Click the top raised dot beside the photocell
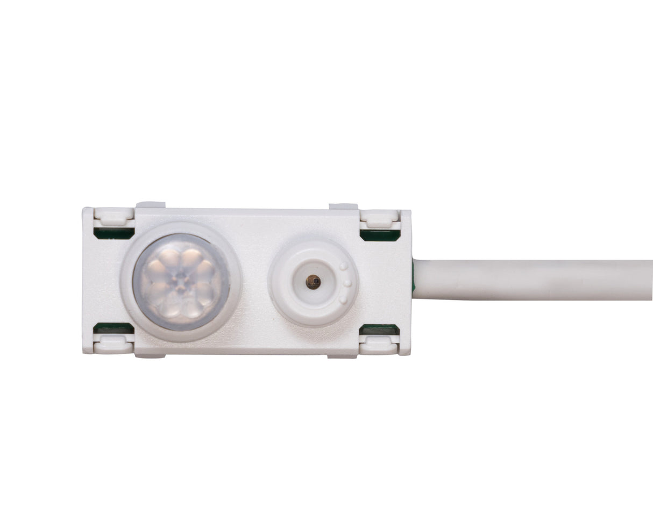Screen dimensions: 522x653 click(x=343, y=266)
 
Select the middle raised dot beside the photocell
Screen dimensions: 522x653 click(x=347, y=283)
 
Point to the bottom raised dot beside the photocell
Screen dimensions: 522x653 click(x=343, y=299)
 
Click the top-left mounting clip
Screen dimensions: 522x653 click(x=113, y=216)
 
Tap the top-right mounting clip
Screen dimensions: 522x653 click(x=379, y=218)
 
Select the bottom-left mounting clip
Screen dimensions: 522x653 click(x=113, y=345)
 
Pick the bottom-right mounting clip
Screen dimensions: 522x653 click(x=379, y=345)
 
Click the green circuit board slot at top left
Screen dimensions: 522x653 click(x=113, y=233)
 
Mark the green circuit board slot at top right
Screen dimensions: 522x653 click(x=380, y=235)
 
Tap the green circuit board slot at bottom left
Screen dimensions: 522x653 click(x=113, y=328)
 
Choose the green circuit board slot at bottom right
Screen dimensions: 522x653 click(x=379, y=330)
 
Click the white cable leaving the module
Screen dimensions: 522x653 click(x=533, y=280)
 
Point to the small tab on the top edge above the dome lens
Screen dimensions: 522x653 click(x=151, y=205)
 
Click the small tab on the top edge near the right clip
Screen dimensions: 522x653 click(x=343, y=206)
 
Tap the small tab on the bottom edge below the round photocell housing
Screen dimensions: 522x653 click(x=343, y=355)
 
